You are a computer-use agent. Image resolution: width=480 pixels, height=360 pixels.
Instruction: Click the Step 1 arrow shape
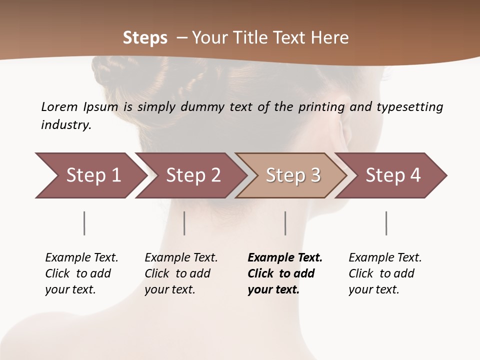point(93,175)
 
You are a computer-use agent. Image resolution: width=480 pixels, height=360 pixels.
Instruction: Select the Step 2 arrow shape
point(193,175)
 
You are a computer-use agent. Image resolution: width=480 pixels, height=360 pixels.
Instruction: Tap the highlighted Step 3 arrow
point(293,175)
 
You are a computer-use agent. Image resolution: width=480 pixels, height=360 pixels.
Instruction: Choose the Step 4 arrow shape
point(393,175)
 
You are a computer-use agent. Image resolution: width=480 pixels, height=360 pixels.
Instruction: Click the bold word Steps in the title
point(145,37)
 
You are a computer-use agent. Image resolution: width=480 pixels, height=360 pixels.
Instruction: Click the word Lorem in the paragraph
point(59,107)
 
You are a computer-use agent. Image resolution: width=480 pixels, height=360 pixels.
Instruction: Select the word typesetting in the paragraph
point(409,107)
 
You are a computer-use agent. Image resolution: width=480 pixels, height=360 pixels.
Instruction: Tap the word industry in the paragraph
point(65,125)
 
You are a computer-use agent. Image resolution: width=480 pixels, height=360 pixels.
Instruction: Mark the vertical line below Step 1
point(84,223)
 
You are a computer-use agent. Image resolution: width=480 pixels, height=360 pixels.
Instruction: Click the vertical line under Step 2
point(184,223)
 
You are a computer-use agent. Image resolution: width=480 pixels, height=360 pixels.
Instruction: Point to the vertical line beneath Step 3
point(285,223)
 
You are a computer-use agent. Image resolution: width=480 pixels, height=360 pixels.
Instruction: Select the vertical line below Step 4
point(386,223)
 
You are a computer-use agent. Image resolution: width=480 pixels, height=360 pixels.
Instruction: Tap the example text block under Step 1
point(81,273)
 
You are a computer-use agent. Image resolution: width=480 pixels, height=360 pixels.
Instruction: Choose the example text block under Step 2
point(181,273)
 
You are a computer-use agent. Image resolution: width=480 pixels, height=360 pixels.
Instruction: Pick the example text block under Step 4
point(385,273)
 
